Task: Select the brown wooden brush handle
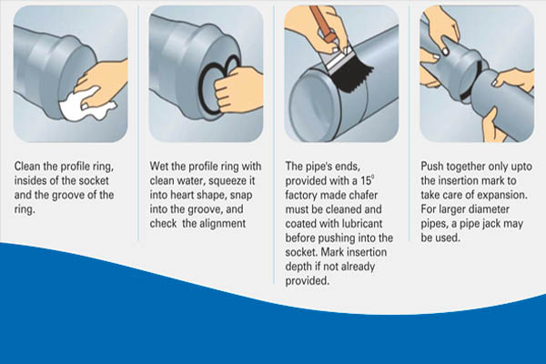click(x=322, y=22)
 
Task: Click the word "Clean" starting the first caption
click(x=26, y=166)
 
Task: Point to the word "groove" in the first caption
click(x=68, y=195)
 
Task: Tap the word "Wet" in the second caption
click(x=157, y=166)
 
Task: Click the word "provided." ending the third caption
click(x=308, y=281)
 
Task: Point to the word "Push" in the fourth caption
click(x=432, y=167)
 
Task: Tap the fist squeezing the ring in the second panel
click(x=237, y=91)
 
